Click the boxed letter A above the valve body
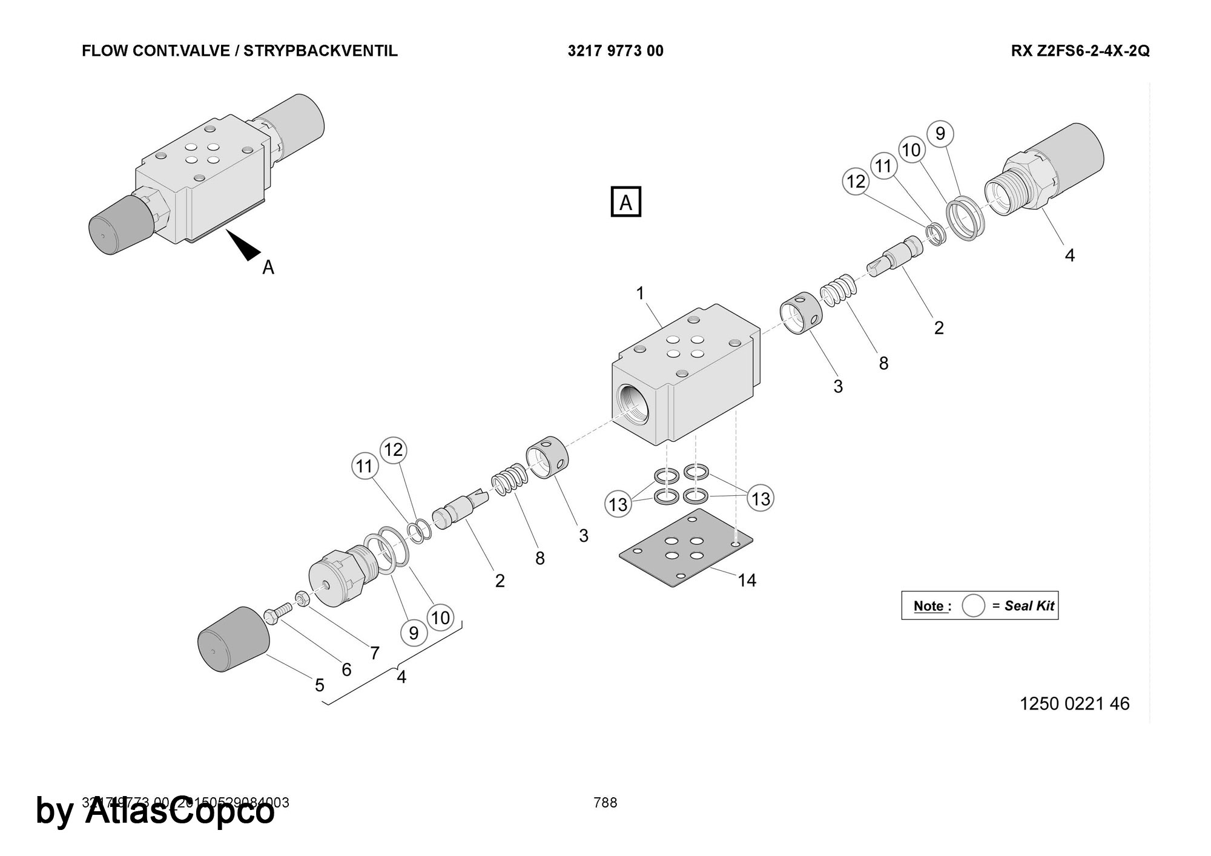coord(625,202)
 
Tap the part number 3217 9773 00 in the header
coord(615,51)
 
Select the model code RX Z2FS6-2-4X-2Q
coord(1080,51)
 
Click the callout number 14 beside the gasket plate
coord(747,581)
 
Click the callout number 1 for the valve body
coord(640,294)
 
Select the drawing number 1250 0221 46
coord(1074,703)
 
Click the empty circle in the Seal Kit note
coord(973,605)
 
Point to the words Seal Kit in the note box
coord(1029,605)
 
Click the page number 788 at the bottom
coord(605,803)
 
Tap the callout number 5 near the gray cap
coord(319,685)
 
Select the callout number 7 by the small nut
coord(375,653)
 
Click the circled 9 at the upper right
coord(940,133)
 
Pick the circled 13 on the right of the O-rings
coord(761,498)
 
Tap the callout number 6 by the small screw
coord(346,669)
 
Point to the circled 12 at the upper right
coord(856,182)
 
